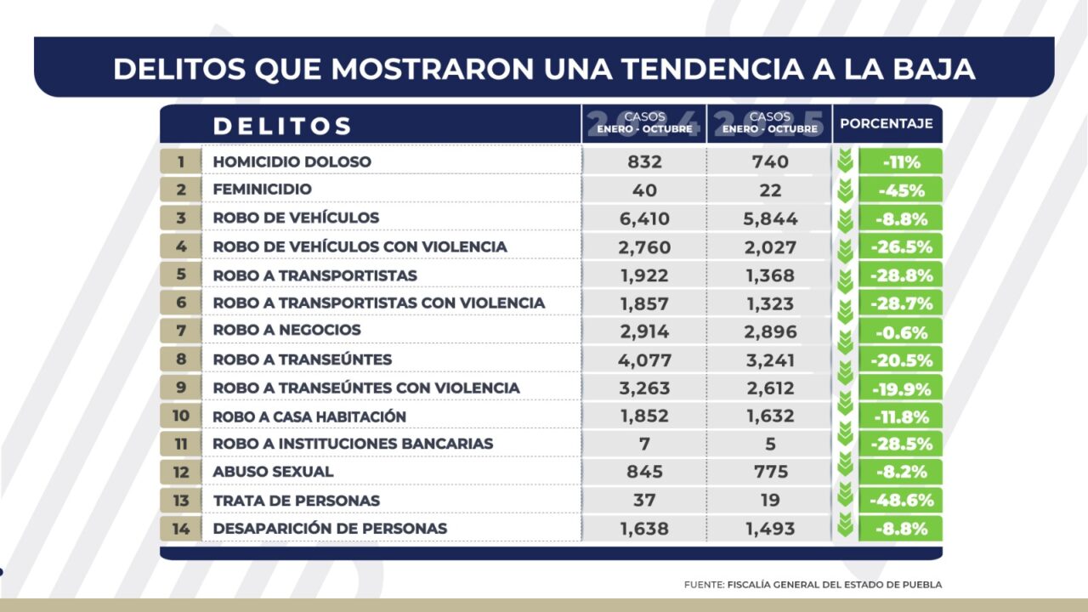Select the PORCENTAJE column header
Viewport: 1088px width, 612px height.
887,123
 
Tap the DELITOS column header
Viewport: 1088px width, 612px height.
282,127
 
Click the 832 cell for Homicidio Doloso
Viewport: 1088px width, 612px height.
644,161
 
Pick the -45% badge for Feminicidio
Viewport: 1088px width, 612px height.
900,190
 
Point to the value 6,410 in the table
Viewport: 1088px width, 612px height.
644,218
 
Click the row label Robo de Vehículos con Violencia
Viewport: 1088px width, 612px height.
360,246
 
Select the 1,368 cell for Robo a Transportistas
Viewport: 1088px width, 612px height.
768,275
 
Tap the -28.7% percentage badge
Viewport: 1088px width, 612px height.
900,303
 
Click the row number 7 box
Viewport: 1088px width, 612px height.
180,330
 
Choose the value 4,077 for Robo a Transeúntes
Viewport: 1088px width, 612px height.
644,360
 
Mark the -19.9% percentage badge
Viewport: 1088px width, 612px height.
900,389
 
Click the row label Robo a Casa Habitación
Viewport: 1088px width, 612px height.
309,416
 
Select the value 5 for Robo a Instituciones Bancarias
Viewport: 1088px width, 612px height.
768,444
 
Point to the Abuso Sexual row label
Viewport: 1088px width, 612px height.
273,472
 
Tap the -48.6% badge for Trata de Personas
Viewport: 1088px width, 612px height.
900,500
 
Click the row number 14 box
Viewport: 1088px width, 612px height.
180,529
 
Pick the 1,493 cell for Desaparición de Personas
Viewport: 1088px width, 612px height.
768,529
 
